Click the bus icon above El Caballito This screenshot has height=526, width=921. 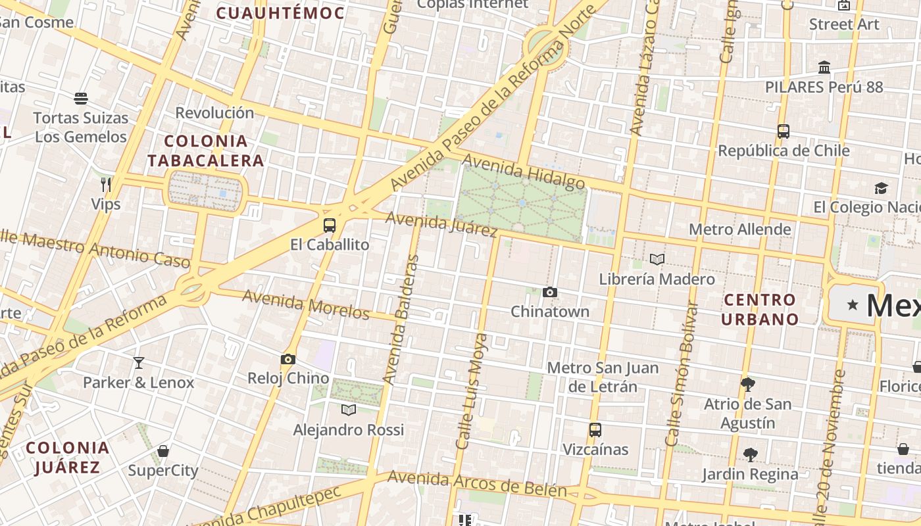click(x=330, y=226)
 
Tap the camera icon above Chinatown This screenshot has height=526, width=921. click(x=550, y=292)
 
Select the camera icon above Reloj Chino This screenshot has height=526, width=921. click(x=287, y=359)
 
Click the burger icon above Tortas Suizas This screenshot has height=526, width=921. click(x=81, y=99)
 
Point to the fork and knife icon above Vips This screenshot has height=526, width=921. click(x=106, y=183)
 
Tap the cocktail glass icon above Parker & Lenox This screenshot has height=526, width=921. click(x=138, y=362)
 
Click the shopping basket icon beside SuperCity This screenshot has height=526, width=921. click(x=163, y=451)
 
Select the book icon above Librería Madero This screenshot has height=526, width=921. click(x=657, y=259)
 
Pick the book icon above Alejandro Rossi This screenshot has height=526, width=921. click(x=349, y=410)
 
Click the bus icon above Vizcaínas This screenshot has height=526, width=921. click(x=595, y=430)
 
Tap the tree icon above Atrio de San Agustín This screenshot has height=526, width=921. click(x=747, y=384)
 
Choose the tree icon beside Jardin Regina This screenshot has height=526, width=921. click(x=750, y=454)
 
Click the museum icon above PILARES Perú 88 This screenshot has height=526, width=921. click(x=824, y=67)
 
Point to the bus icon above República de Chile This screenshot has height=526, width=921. click(x=783, y=131)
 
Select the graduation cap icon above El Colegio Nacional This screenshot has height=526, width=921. click(x=881, y=189)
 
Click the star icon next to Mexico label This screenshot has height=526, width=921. click(x=853, y=304)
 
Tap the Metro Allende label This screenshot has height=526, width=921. click(x=739, y=229)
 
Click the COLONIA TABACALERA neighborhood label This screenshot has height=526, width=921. click(x=205, y=151)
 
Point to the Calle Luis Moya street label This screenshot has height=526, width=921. click(x=472, y=391)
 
